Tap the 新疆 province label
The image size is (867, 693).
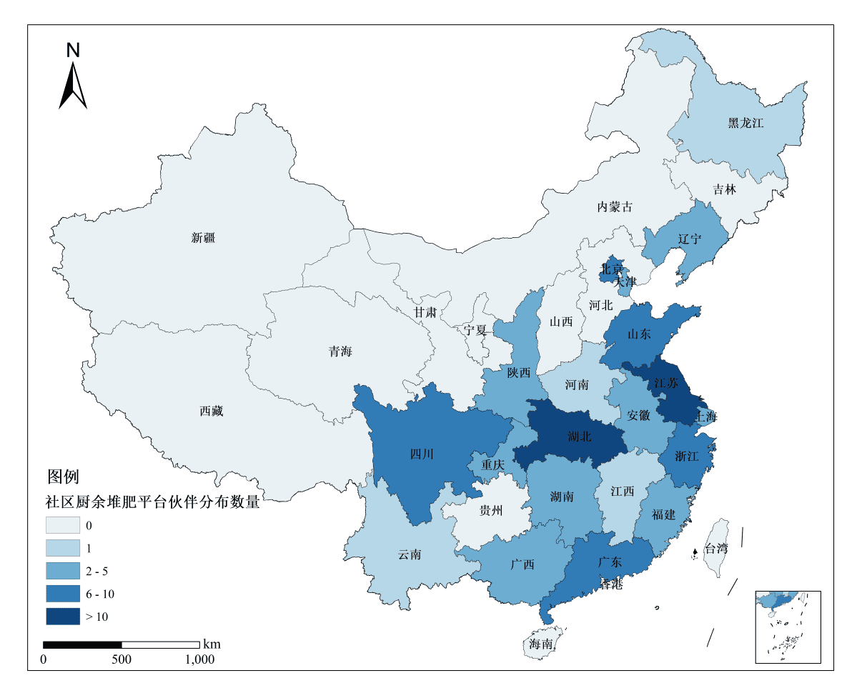coord(203,238)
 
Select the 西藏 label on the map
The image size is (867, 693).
coord(212,411)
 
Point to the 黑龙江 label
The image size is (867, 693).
coord(746,123)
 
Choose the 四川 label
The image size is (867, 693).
coord(422,454)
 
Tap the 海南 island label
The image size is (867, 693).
coord(541,644)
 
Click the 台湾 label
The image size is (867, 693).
coord(716,549)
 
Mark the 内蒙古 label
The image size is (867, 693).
coord(615,207)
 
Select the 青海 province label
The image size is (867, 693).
coord(340,352)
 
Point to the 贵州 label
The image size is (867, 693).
coord(491,510)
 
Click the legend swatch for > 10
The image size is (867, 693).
coord(63,616)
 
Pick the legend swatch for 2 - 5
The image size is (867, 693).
coord(63,571)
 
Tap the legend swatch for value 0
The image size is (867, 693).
coord(63,525)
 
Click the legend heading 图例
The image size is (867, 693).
coord(63,476)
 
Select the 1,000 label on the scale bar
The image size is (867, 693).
coord(199,659)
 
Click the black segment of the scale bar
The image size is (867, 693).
coord(82,645)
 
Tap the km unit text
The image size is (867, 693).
coord(212,644)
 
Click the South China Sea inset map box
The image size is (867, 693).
coord(788,627)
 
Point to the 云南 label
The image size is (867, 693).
coord(410,554)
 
